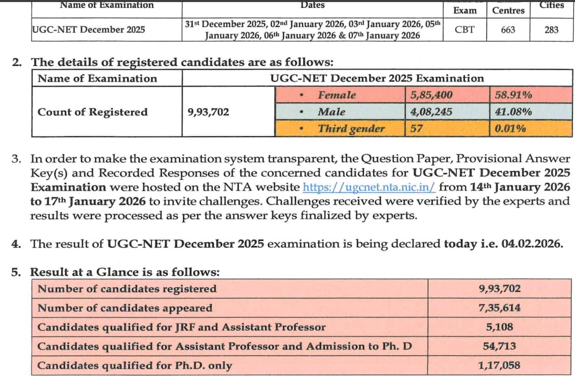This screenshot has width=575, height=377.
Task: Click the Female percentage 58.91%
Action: pos(514,95)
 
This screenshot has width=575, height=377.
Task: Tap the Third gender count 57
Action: pos(416,128)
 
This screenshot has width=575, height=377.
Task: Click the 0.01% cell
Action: pos(511,128)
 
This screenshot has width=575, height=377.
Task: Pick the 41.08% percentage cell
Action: pos(514,112)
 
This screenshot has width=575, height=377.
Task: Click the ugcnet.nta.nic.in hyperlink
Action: pos(369,187)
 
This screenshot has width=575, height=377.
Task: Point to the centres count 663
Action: pos(508,30)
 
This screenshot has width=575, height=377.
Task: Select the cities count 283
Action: pos(552,30)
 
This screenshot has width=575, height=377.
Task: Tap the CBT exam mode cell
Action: pos(464,30)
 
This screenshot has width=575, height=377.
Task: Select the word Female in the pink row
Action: pos(337,95)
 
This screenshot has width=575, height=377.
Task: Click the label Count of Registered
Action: pos(92,112)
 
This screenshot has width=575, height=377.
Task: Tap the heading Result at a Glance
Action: pos(125,272)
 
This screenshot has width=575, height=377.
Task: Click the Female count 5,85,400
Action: pos(431,95)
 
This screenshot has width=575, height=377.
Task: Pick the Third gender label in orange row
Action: pos(351,129)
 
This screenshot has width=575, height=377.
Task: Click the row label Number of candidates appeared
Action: pos(125,308)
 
